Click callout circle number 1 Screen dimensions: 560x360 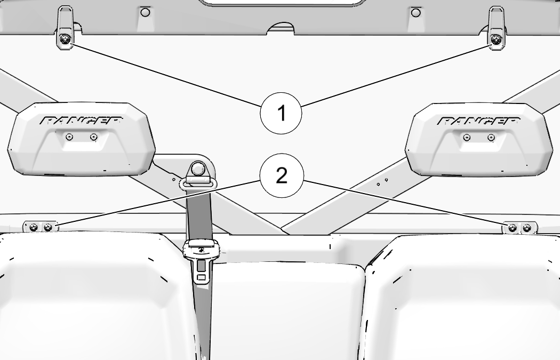coord(281,113)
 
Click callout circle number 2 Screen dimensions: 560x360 coord(282,175)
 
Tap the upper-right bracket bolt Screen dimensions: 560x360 coord(495,39)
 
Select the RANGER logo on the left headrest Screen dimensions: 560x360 coord(82,121)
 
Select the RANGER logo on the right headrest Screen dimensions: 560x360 coord(478,121)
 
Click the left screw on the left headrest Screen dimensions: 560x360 coord(70,137)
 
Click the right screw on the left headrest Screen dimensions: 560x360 coord(93,137)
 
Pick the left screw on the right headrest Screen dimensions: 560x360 coord(467,137)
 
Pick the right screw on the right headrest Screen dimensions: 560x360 coord(491,137)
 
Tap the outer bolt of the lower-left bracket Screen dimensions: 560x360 coord(34,227)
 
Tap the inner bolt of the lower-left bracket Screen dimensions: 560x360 coord(47,227)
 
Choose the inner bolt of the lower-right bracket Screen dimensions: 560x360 coord(513,228)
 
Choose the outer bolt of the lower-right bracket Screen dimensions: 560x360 coord(527,228)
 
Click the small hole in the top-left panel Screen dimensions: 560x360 coord(145,12)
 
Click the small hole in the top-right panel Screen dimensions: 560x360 coord(415,13)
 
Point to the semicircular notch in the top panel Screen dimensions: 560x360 coord(282,29)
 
